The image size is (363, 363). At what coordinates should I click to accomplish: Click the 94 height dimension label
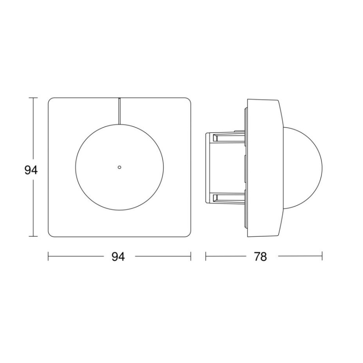click(x=31, y=170)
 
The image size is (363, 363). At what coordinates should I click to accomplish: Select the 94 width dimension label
click(x=118, y=257)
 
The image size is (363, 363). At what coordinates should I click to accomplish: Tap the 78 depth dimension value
click(x=260, y=257)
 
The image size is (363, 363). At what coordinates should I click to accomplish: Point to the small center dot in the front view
click(x=119, y=167)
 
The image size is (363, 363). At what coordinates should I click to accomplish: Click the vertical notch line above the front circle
click(x=119, y=111)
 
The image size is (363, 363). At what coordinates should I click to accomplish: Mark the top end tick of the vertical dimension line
click(x=33, y=98)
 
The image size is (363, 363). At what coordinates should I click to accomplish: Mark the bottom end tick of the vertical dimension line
click(x=33, y=236)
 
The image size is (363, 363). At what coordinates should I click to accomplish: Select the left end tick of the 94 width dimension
click(x=49, y=256)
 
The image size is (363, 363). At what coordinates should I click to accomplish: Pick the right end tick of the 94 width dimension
click(x=191, y=256)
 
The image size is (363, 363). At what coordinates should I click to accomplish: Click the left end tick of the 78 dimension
click(x=206, y=256)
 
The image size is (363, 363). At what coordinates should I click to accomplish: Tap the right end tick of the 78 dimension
click(x=322, y=256)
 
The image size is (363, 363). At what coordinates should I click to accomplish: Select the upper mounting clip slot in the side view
click(x=228, y=138)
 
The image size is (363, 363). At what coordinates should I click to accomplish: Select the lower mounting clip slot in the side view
click(x=228, y=197)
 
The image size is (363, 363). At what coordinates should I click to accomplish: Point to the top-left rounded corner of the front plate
click(x=51, y=101)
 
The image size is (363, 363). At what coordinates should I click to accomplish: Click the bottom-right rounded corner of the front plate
click(x=188, y=233)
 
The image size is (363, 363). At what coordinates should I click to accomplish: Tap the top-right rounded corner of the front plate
click(x=188, y=101)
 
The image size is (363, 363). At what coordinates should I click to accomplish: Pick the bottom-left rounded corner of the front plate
click(x=51, y=233)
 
